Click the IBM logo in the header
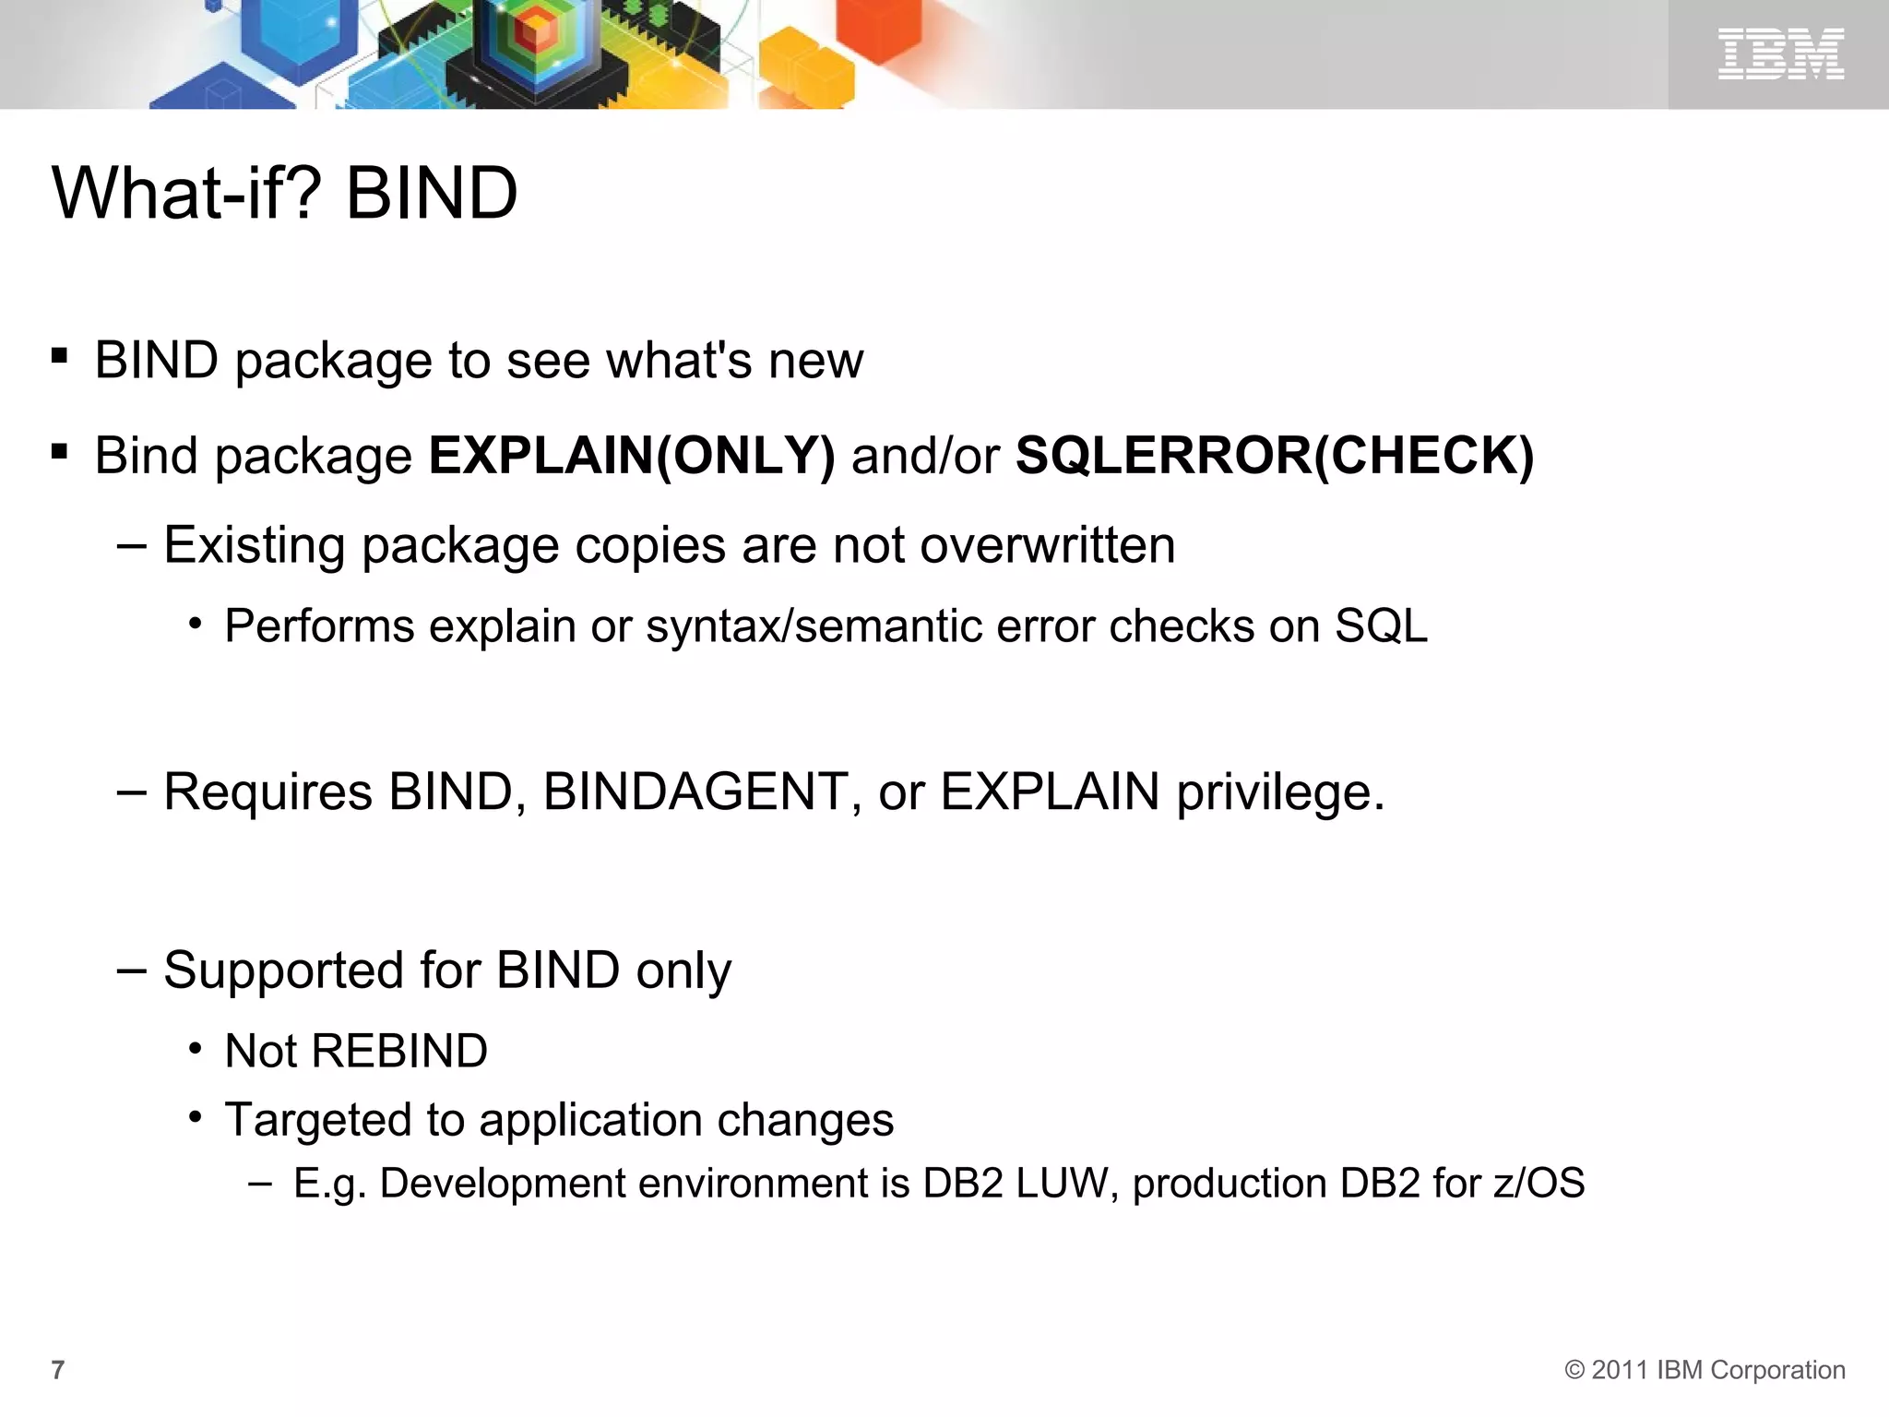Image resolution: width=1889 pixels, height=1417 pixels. click(1780, 54)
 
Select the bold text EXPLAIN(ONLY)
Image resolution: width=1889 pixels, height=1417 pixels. click(632, 456)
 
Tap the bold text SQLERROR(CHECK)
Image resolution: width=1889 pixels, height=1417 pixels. click(1275, 456)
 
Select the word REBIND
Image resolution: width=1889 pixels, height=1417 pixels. click(400, 1051)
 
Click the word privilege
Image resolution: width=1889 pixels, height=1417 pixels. click(1278, 792)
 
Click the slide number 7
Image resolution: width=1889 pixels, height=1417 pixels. click(58, 1370)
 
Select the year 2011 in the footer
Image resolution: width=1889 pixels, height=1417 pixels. click(1621, 1370)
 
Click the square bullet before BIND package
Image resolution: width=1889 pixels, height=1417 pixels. click(60, 356)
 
